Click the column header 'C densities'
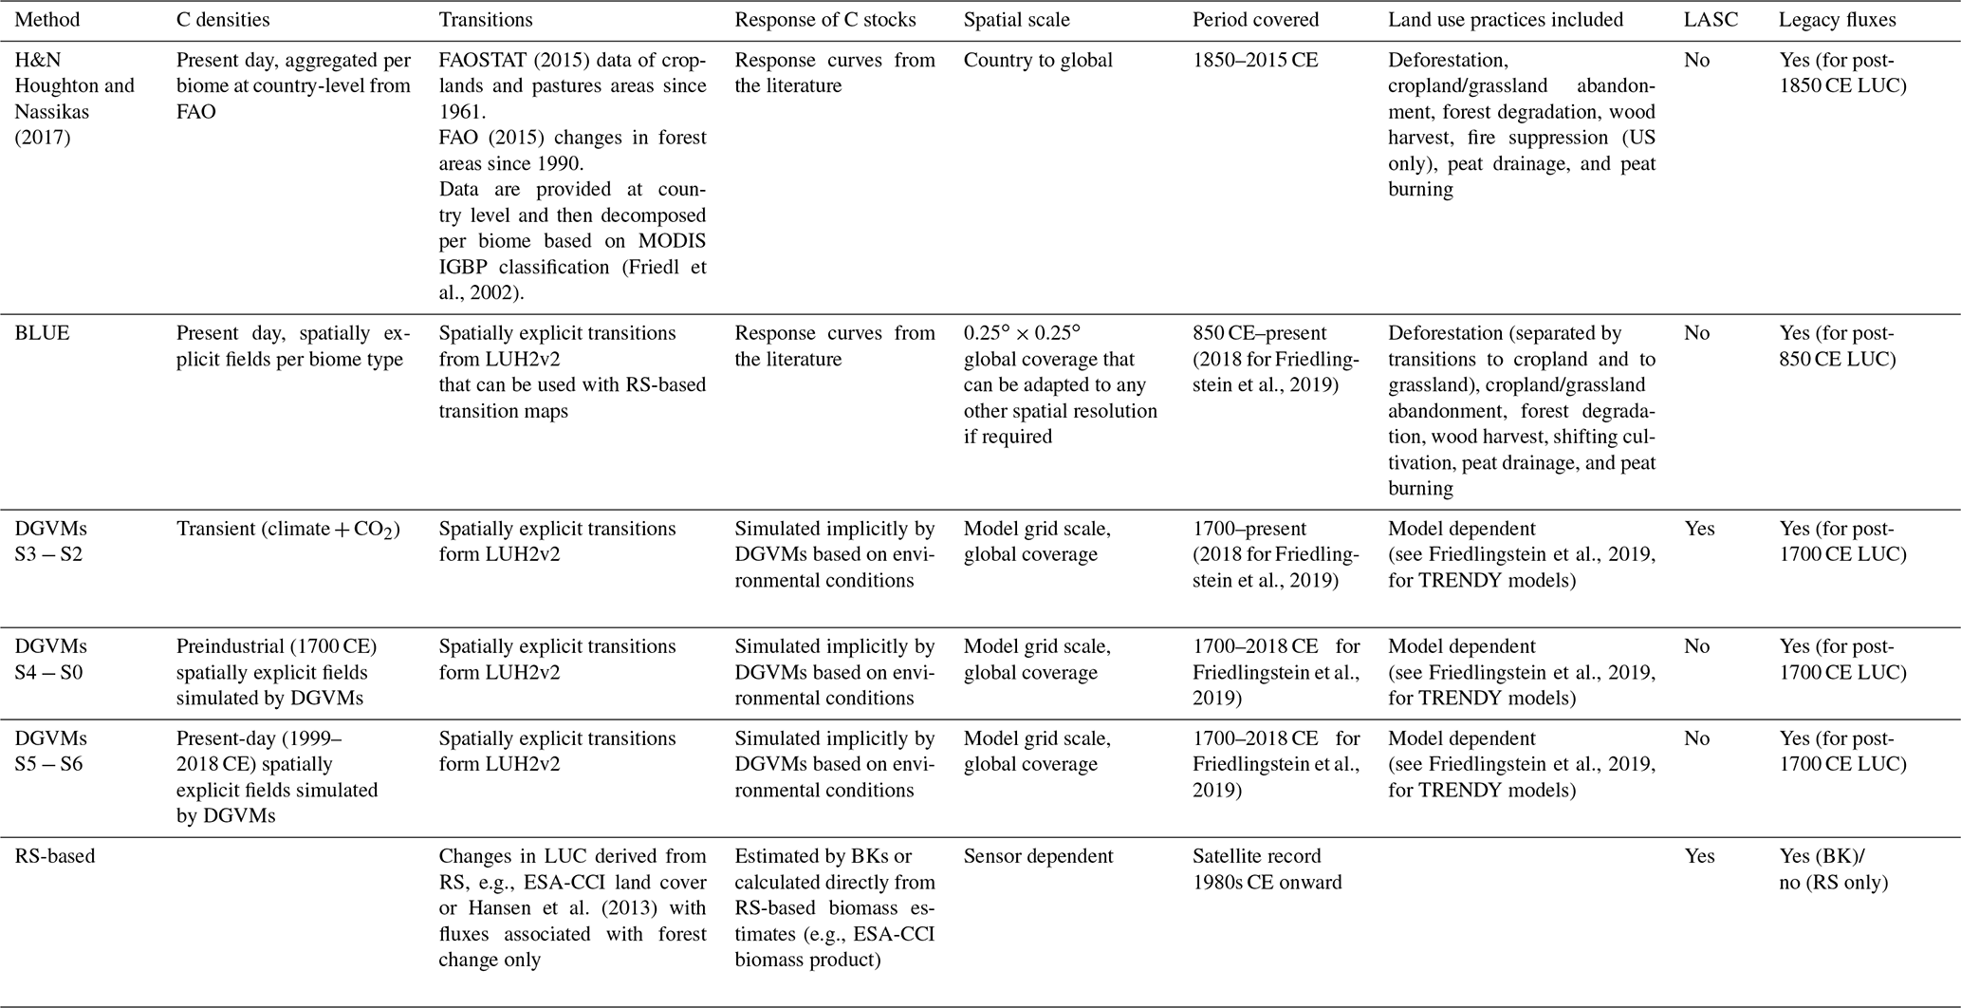pyautogui.click(x=223, y=19)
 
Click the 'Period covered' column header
pyautogui.click(x=1255, y=19)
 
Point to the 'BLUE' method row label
pyautogui.click(x=42, y=333)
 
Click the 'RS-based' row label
pyautogui.click(x=55, y=856)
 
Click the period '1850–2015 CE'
pyautogui.click(x=1255, y=60)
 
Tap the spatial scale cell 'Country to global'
pyautogui.click(x=1038, y=60)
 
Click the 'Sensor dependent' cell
pyautogui.click(x=1038, y=856)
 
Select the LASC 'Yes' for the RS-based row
pyautogui.click(x=1699, y=856)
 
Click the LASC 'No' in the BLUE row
pyautogui.click(x=1696, y=333)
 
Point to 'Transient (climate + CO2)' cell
pyautogui.click(x=288, y=530)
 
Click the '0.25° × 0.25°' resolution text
pyautogui.click(x=1022, y=333)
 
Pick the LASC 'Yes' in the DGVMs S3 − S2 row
pyautogui.click(x=1699, y=529)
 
